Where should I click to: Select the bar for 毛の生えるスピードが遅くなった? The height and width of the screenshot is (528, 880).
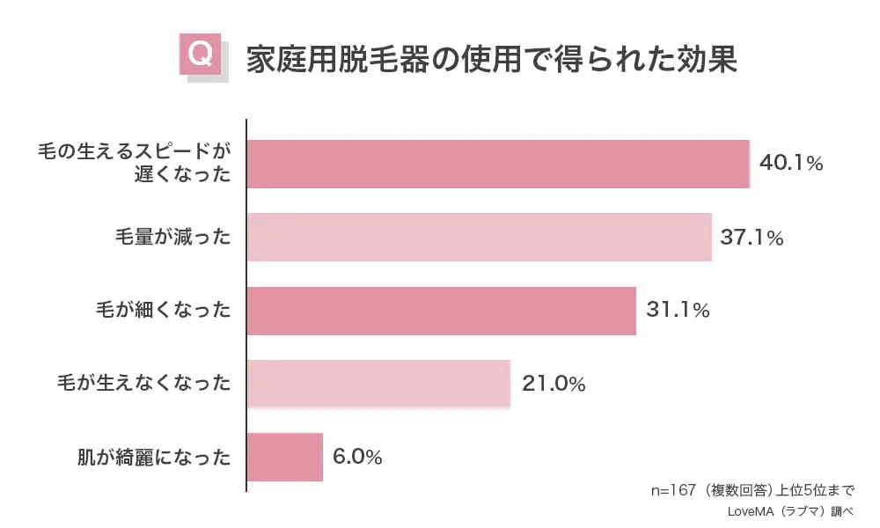[498, 164]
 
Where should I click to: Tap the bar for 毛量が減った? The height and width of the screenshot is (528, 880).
[479, 238]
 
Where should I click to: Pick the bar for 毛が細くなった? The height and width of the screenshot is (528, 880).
[441, 311]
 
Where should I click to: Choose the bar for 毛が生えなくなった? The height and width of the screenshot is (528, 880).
[378, 384]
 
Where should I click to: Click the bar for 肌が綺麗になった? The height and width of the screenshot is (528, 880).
[285, 457]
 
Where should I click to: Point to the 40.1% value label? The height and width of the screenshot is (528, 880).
[790, 164]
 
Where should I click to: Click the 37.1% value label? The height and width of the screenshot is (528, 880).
[752, 238]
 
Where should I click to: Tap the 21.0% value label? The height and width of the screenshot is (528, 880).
[554, 385]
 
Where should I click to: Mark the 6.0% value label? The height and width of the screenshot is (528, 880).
[357, 458]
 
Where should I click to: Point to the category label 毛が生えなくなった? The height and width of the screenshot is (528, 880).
[143, 384]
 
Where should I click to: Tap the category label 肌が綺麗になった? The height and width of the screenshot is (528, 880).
[153, 458]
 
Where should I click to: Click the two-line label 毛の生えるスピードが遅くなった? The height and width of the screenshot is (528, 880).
[134, 163]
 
